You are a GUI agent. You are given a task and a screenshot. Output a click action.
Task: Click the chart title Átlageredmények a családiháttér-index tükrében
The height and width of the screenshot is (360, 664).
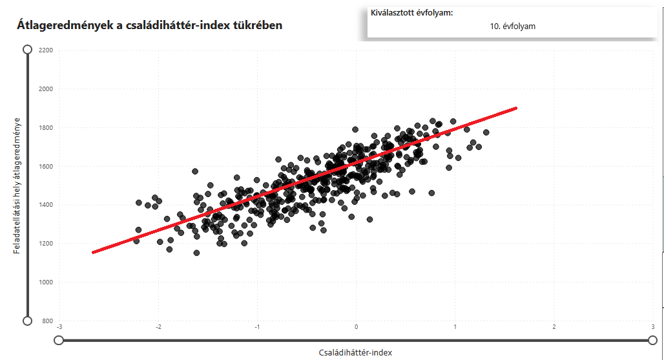click(x=149, y=25)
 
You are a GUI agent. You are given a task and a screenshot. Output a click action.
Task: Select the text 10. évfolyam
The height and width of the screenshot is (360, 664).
click(x=512, y=26)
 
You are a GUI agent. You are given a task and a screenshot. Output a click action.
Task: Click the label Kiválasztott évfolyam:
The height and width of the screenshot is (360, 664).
click(x=411, y=12)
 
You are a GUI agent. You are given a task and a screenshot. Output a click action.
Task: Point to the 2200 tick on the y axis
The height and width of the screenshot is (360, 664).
click(x=46, y=50)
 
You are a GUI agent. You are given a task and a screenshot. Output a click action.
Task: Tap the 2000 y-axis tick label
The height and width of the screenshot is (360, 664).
click(x=46, y=89)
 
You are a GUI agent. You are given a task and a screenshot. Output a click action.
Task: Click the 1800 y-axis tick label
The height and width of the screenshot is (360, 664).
click(x=46, y=127)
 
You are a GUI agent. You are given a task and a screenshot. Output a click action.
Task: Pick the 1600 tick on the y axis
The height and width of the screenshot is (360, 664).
click(x=46, y=166)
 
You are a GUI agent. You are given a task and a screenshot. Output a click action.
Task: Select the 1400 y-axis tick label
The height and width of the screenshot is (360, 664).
click(x=46, y=205)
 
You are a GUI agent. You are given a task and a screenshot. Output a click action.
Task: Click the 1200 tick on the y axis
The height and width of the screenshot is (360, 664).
click(x=46, y=244)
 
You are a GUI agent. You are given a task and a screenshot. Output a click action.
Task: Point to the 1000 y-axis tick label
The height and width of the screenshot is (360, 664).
click(x=46, y=282)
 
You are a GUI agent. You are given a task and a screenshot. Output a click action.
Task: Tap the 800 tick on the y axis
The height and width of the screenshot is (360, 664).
click(x=47, y=321)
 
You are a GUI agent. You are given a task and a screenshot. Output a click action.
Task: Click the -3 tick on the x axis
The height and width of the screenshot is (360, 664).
click(x=59, y=327)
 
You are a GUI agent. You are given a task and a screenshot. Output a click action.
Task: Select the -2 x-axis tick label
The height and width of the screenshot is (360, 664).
click(x=158, y=327)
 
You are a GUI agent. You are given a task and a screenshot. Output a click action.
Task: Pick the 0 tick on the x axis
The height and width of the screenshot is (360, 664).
click(x=357, y=327)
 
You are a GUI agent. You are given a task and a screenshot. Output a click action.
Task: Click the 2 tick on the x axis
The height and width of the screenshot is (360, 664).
click(x=554, y=327)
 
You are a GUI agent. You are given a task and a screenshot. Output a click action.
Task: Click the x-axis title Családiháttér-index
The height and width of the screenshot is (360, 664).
click(x=355, y=352)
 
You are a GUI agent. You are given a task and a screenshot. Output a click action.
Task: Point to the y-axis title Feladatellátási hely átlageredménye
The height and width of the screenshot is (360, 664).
click(x=17, y=185)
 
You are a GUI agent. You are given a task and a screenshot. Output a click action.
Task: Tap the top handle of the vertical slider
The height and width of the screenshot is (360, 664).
click(x=27, y=50)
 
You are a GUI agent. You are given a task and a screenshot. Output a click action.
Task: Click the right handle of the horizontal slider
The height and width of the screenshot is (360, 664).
click(x=652, y=340)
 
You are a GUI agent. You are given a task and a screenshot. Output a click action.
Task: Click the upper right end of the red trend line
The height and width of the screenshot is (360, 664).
click(x=516, y=108)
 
